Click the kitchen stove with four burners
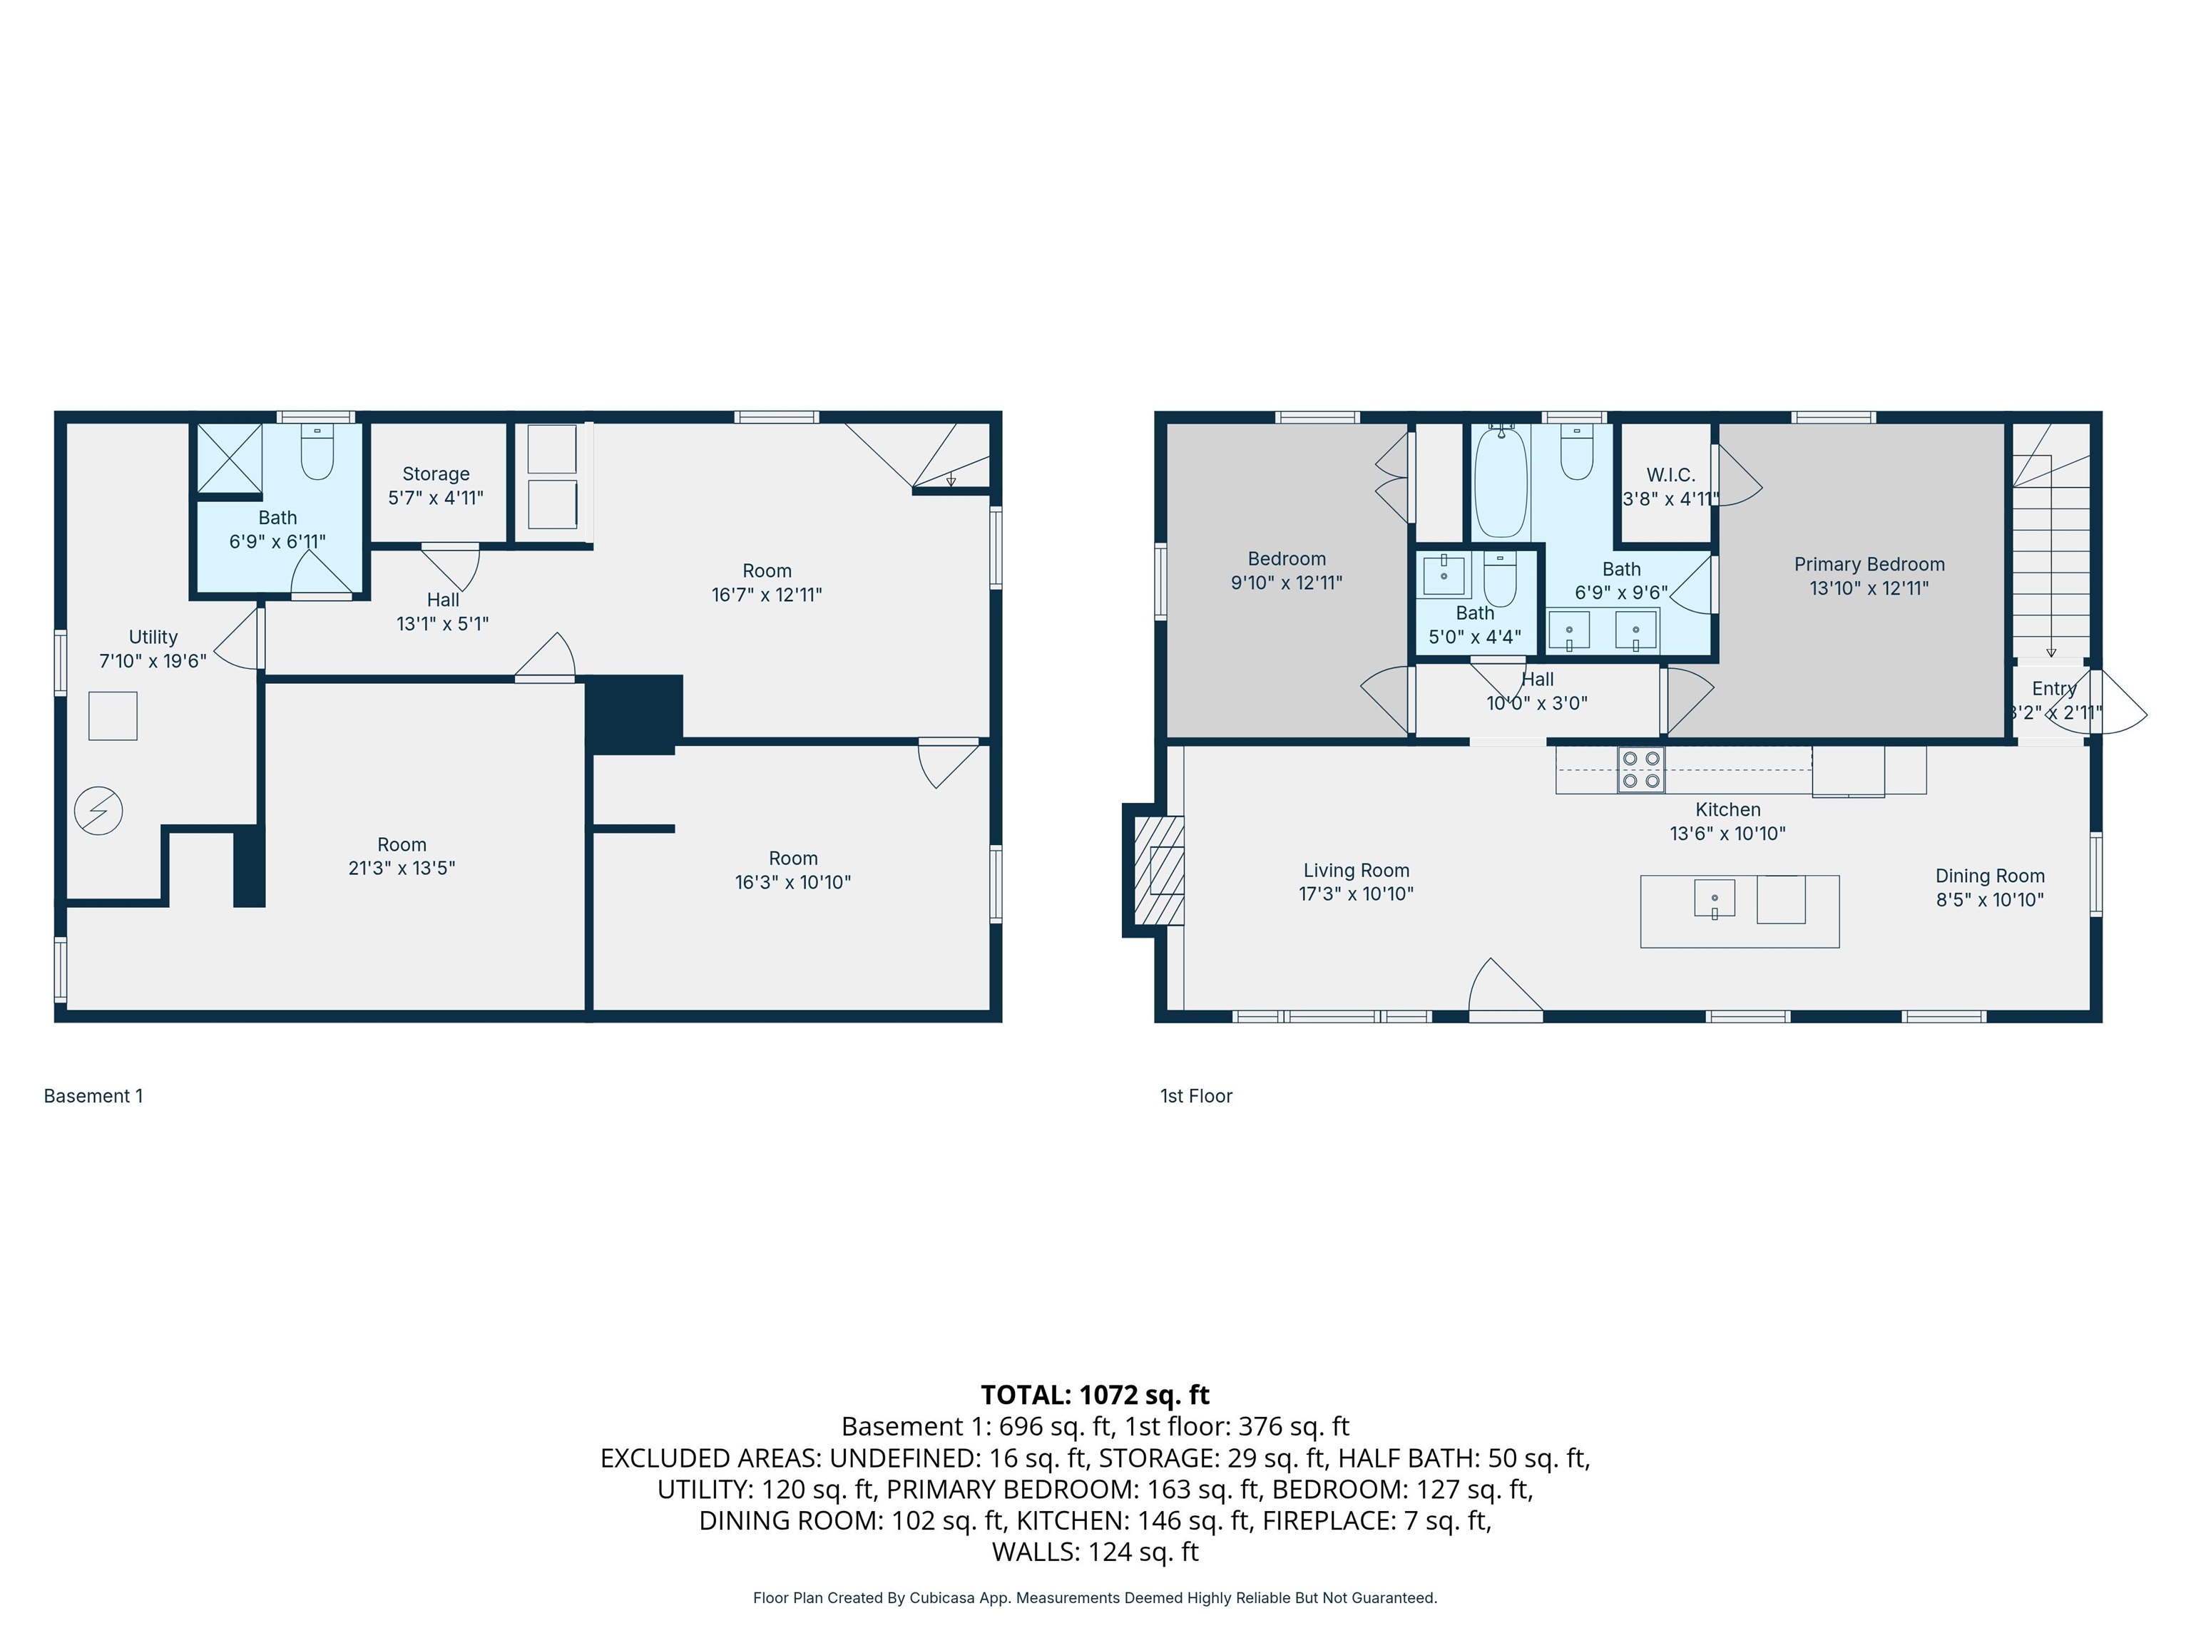point(1640,769)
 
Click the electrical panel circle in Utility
point(98,811)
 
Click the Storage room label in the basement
point(436,474)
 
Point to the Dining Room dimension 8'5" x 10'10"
point(1989,900)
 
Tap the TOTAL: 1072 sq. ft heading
point(1095,1394)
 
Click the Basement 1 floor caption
point(93,1096)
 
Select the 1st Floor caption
point(1195,1096)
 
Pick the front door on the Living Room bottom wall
point(1505,991)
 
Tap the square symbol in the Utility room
point(113,716)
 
